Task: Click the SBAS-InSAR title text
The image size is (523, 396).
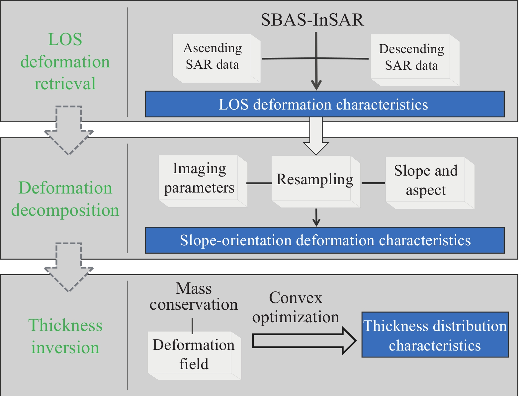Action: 312,20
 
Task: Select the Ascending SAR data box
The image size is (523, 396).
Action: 217,58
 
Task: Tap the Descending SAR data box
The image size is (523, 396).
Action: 415,60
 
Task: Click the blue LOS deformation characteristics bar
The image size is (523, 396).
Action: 325,104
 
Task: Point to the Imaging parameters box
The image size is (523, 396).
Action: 203,181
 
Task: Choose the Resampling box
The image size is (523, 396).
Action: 316,182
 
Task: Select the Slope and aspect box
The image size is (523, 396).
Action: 430,183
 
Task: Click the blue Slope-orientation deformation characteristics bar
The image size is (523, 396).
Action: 325,240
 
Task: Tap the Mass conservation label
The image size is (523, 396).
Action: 194,296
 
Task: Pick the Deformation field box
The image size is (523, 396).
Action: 195,356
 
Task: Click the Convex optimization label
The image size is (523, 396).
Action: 296,307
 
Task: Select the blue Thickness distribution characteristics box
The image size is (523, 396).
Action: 435,335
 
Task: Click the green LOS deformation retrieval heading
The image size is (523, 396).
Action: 65,61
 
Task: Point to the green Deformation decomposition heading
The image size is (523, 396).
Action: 65,199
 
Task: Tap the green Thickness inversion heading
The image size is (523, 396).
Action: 65,336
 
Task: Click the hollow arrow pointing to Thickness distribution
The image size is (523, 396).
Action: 304,341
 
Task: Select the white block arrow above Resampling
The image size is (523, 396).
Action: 316,136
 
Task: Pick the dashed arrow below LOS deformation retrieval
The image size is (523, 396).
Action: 69,130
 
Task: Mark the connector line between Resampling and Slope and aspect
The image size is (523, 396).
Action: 373,183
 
